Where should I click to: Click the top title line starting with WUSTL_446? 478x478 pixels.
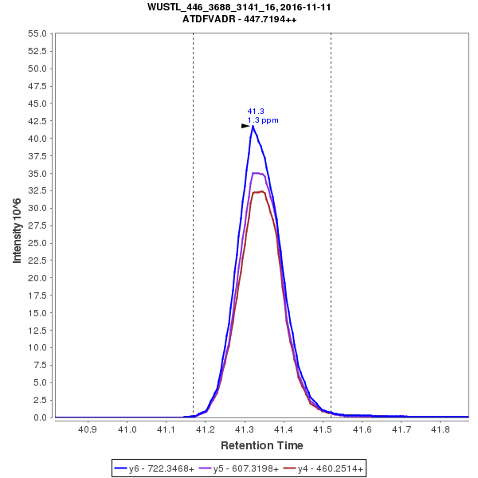(x=239, y=6)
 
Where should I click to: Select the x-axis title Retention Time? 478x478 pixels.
(x=261, y=445)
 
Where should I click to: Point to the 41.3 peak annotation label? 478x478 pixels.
(x=255, y=112)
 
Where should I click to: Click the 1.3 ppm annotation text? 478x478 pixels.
(x=263, y=120)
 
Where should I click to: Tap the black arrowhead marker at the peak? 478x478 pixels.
(x=245, y=126)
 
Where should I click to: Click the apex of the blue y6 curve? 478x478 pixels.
(x=253, y=126)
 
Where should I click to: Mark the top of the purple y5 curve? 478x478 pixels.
(x=257, y=173)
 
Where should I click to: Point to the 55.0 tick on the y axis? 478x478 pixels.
(x=38, y=33)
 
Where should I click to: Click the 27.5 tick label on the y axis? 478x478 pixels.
(x=38, y=225)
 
